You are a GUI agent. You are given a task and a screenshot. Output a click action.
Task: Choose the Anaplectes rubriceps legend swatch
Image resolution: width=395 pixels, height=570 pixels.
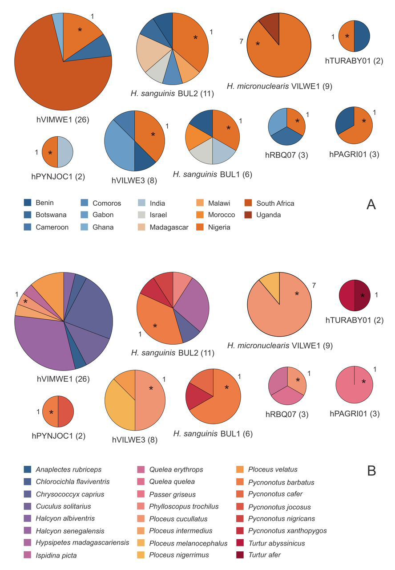pyautogui.click(x=28, y=469)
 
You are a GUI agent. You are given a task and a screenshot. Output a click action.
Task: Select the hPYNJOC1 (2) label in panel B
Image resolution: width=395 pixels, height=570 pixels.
pyautogui.click(x=58, y=436)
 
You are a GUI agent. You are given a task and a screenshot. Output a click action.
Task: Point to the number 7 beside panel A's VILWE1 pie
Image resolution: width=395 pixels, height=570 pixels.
pyautogui.click(x=241, y=41)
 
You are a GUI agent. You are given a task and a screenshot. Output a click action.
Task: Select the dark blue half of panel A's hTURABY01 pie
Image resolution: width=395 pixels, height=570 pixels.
pyautogui.click(x=361, y=36)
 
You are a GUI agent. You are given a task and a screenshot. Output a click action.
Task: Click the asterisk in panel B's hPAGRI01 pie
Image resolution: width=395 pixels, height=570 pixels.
pyautogui.click(x=363, y=382)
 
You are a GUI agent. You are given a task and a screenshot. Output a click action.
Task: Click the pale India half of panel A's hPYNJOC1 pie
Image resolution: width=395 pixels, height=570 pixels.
pyautogui.click(x=65, y=152)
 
